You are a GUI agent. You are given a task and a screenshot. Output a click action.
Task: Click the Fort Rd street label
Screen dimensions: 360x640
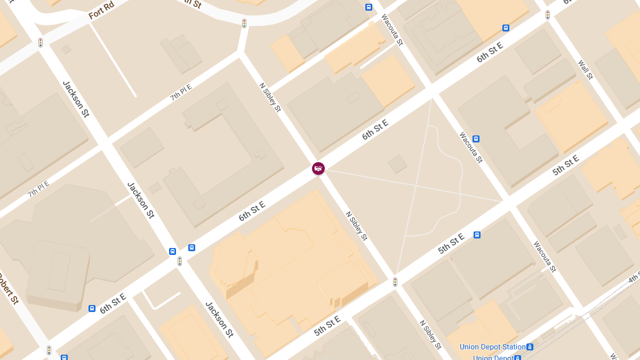[x=101, y=12]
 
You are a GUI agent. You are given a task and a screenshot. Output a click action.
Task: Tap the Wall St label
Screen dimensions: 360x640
[x=585, y=69]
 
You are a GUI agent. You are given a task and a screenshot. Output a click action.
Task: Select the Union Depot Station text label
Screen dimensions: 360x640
[x=492, y=347]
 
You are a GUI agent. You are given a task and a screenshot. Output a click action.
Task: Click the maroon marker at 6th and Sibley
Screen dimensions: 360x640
[x=318, y=169]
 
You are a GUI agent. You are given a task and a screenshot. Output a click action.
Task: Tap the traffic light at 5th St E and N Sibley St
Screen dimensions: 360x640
[x=395, y=282]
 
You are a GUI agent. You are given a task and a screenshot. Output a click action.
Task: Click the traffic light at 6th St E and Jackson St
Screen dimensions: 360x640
[x=180, y=261]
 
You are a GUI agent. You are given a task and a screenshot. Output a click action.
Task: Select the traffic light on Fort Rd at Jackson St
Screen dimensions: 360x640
[x=41, y=42]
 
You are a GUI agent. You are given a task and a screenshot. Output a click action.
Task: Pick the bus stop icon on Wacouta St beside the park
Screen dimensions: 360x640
[x=476, y=139]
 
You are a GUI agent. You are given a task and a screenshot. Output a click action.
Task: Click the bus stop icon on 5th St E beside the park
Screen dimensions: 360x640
[x=477, y=235]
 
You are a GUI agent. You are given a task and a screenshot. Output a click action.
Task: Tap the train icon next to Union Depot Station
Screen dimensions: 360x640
[x=530, y=347]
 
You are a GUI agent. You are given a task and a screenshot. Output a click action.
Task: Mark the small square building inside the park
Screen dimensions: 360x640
[x=397, y=164]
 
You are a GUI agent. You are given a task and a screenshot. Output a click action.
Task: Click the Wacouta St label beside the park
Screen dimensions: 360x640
[x=470, y=147]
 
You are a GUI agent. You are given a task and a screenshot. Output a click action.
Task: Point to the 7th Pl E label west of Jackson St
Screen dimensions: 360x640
[x=38, y=189]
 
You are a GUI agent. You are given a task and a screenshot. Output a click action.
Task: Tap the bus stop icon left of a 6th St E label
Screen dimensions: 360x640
[x=92, y=308]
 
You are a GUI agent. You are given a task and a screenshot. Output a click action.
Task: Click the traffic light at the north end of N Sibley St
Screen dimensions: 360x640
[x=244, y=23]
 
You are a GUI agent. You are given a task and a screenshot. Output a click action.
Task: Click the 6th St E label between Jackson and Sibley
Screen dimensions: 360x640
[x=252, y=212]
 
